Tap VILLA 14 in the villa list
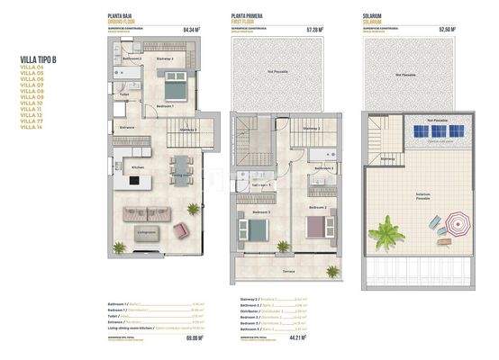pyautogui.click(x=32, y=126)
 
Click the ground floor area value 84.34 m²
pyautogui.click(x=191, y=29)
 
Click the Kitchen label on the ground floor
pyautogui.click(x=138, y=168)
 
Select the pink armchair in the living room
pyautogui.click(x=180, y=229)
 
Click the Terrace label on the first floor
pyautogui.click(x=288, y=270)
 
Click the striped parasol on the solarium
pyautogui.click(x=457, y=221)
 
